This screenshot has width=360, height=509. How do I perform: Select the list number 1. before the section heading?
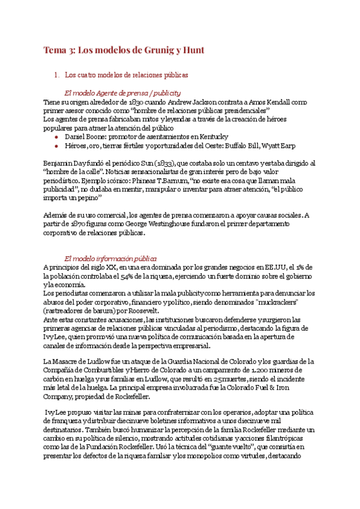(57, 76)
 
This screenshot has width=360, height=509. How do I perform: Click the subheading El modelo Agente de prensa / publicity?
(122, 93)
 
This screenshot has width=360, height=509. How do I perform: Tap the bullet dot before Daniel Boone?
(56, 137)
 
